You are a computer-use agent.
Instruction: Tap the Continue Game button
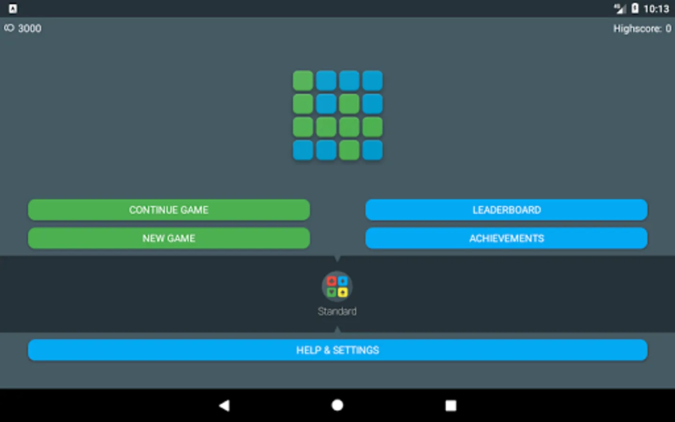[x=169, y=210]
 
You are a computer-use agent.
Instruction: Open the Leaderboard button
[x=506, y=210]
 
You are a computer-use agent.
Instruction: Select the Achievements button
[x=506, y=238]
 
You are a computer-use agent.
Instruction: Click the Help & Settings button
[x=337, y=350]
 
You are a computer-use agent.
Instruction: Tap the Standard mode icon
[x=337, y=286]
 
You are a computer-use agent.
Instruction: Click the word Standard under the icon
[x=337, y=311]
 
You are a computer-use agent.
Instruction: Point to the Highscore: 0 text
[x=642, y=29]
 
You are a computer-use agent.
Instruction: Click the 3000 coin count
[x=30, y=28]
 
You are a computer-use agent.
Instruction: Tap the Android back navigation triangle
[x=225, y=406]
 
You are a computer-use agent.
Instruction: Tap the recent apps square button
[x=451, y=406]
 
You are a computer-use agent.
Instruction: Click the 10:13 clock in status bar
[x=656, y=9]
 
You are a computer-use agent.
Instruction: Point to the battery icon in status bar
[x=635, y=8]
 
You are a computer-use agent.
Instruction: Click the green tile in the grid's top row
[x=303, y=81]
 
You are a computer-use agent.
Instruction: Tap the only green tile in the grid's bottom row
[x=349, y=150]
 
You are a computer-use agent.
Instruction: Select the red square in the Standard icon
[x=331, y=281]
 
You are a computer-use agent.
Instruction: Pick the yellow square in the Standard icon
[x=343, y=292]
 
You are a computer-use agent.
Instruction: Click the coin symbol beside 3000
[x=9, y=28]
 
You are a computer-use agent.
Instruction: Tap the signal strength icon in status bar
[x=620, y=9]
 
